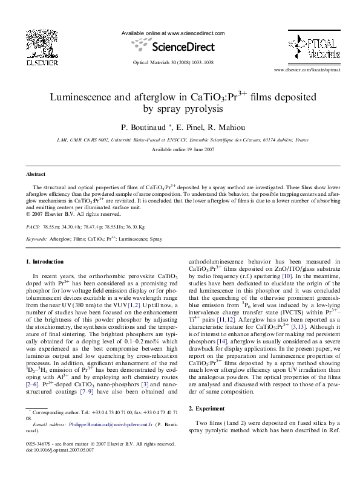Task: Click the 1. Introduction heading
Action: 45,262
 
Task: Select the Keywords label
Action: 36,239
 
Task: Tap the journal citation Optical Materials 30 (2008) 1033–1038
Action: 173,63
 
